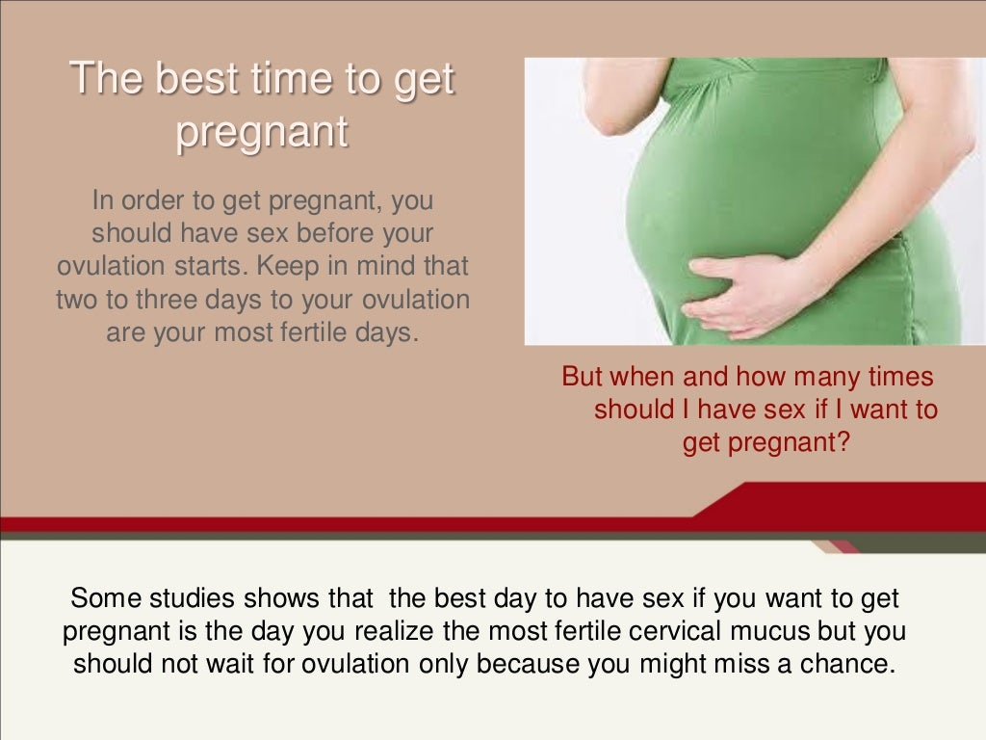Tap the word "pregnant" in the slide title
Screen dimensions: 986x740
click(x=262, y=132)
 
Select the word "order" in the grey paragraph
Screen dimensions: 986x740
click(x=152, y=200)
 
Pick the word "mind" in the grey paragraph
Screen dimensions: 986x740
click(x=385, y=266)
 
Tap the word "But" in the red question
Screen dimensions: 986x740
click(x=582, y=377)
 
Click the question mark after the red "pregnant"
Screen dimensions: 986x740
click(x=843, y=441)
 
